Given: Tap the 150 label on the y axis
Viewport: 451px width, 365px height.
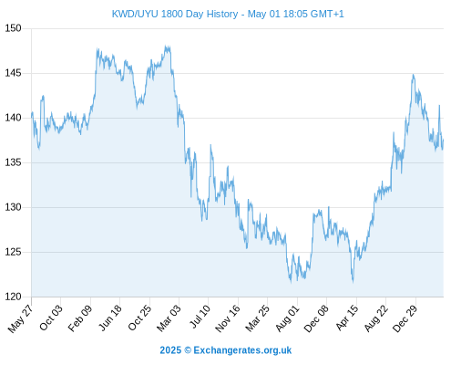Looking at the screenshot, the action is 13,28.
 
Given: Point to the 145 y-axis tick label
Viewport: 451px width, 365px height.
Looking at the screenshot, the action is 13,73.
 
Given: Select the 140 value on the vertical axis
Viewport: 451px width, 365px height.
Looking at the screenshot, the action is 13,118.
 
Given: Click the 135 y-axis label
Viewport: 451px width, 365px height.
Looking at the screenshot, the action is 13,162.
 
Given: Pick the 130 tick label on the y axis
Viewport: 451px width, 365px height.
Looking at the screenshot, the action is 13,207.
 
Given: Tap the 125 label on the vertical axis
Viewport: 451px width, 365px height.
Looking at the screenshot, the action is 13,252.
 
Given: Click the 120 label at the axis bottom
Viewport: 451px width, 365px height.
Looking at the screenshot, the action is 13,297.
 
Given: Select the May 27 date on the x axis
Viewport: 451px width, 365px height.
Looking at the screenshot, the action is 21,318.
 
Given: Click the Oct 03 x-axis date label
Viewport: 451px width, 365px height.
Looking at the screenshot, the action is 51,318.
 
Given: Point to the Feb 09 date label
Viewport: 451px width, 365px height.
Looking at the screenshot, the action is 79,318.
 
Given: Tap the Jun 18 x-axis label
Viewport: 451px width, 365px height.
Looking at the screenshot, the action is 110,318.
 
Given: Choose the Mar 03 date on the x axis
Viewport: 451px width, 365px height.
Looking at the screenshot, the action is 169,318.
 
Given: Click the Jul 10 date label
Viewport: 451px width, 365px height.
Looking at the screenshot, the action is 200,317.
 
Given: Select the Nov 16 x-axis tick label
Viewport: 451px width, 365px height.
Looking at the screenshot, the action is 228,318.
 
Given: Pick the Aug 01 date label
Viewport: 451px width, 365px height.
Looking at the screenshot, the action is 287,318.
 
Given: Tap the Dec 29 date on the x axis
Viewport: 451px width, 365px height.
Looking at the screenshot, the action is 405,318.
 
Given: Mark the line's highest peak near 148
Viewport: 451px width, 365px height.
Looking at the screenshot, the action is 166,46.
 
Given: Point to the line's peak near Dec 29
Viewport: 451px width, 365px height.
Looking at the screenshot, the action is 413,75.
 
